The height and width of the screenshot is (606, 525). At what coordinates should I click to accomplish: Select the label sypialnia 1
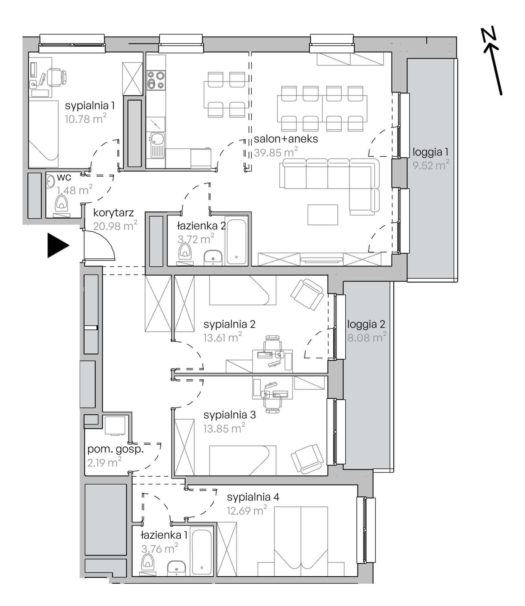click(x=90, y=106)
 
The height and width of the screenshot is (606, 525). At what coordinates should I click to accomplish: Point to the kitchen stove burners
click(x=156, y=80)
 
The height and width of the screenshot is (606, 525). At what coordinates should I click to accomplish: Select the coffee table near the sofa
click(x=322, y=215)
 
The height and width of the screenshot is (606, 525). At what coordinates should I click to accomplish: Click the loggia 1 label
click(x=431, y=152)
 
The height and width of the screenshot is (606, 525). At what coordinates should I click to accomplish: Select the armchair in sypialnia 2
click(x=307, y=294)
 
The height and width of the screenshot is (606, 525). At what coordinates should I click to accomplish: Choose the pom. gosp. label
click(x=116, y=449)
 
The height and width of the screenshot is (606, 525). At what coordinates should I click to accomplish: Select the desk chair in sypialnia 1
click(x=57, y=77)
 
